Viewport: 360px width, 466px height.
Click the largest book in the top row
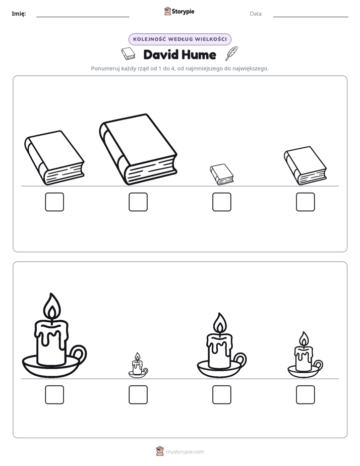pos(138,149)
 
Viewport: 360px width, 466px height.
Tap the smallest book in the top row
pos(221,174)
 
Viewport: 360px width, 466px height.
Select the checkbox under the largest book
pos(138,202)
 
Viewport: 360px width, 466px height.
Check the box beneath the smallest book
pos(221,202)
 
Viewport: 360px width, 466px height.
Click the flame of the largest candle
pos(52,306)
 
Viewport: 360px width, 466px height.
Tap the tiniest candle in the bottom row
pos(138,366)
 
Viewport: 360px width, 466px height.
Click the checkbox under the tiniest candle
pos(138,395)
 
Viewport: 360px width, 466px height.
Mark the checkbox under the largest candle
pos(54,395)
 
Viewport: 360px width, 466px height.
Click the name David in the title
pos(161,54)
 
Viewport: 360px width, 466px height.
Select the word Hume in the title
pos(199,54)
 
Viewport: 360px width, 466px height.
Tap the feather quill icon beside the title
pos(232,53)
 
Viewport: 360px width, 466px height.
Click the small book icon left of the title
pos(128,53)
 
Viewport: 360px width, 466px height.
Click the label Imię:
pos(19,14)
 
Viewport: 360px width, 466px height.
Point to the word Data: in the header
pos(256,14)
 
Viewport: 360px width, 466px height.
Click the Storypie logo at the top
pos(179,11)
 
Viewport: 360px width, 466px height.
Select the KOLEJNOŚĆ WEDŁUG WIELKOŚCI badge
pos(180,39)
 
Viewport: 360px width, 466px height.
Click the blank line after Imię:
pos(83,17)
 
